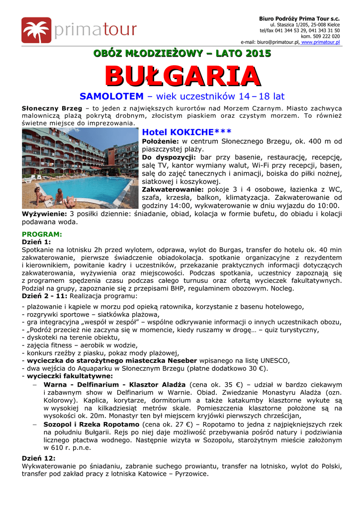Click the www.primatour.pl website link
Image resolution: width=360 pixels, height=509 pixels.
[x=321, y=43]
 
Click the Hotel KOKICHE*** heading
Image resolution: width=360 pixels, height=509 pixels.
[x=186, y=132]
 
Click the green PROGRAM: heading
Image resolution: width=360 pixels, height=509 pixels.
[x=42, y=234]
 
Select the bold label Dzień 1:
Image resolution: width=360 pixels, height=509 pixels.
[x=36, y=242]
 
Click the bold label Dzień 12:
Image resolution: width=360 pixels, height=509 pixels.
[x=38, y=458]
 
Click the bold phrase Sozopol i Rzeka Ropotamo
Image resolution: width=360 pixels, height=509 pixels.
[x=91, y=425]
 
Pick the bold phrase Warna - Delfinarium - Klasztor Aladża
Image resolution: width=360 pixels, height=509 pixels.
[x=114, y=385]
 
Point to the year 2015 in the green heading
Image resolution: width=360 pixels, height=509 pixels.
[x=259, y=53]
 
